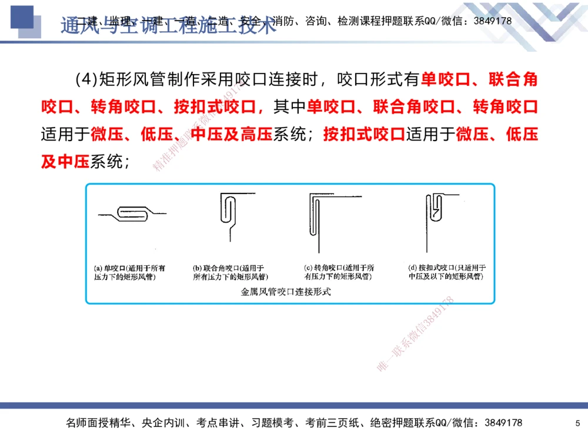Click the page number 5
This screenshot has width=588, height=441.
coord(577,423)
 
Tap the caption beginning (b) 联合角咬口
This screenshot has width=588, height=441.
coord(229,272)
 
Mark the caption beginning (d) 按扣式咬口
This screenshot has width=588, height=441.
coord(446,272)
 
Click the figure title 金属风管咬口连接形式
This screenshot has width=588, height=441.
coord(286,291)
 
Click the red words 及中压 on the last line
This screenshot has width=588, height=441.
coord(65,162)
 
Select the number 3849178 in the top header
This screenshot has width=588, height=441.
coord(492,21)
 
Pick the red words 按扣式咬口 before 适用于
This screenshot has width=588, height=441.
coord(364,135)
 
